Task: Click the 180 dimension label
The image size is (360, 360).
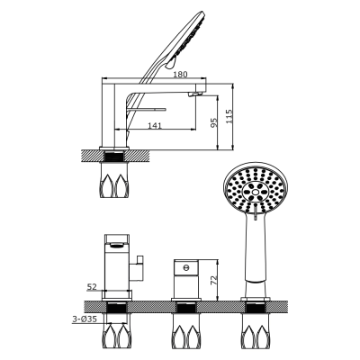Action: [x=180, y=74]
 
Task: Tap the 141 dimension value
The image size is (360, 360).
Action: [x=155, y=125]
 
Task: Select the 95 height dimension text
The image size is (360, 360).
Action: [x=213, y=122]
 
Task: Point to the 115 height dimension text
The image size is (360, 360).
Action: [x=229, y=116]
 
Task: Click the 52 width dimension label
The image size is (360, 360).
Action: [x=92, y=287]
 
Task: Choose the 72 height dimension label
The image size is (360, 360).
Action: [x=213, y=280]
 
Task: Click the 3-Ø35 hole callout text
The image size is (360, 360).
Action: [x=85, y=319]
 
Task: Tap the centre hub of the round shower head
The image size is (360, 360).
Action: [x=256, y=191]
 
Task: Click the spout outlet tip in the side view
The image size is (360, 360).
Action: [x=195, y=94]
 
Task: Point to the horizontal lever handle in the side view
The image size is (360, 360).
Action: [x=147, y=110]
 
